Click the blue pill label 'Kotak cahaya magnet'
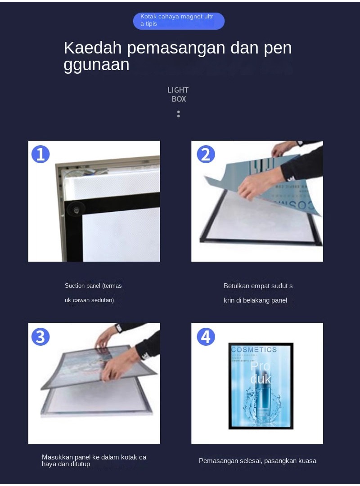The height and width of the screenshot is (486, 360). (178, 21)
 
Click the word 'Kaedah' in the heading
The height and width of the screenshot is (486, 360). (92, 48)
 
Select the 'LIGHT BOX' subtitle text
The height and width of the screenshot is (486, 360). (178, 94)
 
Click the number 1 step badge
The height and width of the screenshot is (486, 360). (40, 154)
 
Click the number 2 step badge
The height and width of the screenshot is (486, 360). (206, 154)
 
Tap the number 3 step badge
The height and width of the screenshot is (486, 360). (40, 336)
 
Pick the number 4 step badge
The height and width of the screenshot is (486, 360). (206, 336)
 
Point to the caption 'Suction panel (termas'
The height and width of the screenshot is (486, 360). (93, 286)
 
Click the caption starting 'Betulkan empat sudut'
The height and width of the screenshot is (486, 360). (258, 286)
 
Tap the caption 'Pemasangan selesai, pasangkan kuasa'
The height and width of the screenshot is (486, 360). (257, 461)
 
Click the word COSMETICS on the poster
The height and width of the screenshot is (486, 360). (254, 350)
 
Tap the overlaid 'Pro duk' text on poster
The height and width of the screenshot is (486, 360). (261, 372)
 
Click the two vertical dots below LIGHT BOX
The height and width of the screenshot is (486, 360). (178, 114)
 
